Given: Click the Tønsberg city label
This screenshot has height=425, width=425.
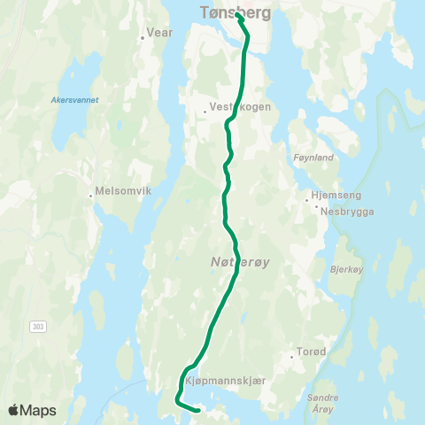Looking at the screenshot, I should pyautogui.click(x=235, y=13).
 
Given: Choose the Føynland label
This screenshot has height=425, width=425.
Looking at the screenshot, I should pyautogui.click(x=313, y=157).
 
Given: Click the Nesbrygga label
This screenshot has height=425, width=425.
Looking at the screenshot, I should pyautogui.click(x=348, y=211).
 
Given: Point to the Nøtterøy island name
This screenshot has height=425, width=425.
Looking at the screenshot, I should pyautogui.click(x=235, y=261).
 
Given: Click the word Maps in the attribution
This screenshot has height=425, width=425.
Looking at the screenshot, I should pyautogui.click(x=40, y=410).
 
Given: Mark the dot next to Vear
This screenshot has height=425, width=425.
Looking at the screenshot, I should pyautogui.click(x=143, y=37).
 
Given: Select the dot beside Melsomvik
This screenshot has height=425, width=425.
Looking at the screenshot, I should pyautogui.click(x=90, y=196).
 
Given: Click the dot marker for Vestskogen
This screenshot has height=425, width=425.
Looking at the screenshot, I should pyautogui.click(x=205, y=112).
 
